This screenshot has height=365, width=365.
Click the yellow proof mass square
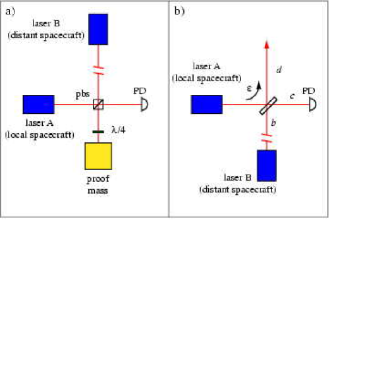[x=98, y=156]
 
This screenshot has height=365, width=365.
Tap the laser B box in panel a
[x=98, y=29]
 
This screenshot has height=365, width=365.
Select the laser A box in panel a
[x=39, y=104]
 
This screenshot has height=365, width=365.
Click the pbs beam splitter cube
[x=98, y=104]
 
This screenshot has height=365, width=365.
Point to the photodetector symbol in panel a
[x=144, y=104]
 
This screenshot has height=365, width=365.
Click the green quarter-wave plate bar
[x=98, y=132]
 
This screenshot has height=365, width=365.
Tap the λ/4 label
[x=119, y=129]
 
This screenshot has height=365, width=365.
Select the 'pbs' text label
[x=82, y=94]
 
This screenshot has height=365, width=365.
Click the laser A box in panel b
[x=207, y=104]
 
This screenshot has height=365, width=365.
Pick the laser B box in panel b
[x=267, y=165]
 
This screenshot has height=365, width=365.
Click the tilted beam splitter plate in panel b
[x=268, y=106]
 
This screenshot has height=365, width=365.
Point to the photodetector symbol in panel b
[x=313, y=104]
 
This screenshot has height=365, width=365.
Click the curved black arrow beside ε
[x=256, y=94]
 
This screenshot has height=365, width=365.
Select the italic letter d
[x=279, y=69]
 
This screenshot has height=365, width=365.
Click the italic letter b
[x=273, y=123]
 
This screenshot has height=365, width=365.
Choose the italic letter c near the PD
[x=293, y=96]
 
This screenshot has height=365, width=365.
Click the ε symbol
[x=249, y=88]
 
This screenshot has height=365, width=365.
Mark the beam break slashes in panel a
[x=98, y=70]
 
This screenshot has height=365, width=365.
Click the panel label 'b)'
[x=179, y=11]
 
